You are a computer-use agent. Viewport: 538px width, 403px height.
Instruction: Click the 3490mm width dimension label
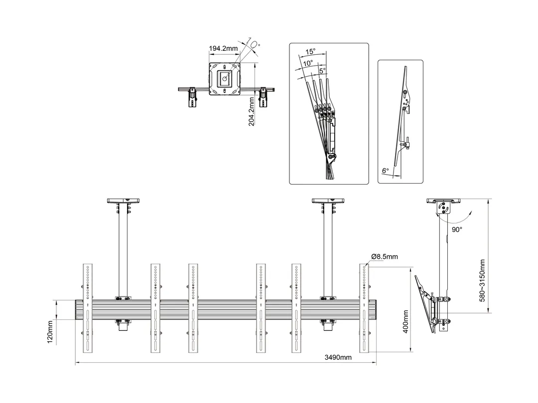coord(338,357)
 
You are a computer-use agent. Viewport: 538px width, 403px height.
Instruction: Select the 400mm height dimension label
coord(405,322)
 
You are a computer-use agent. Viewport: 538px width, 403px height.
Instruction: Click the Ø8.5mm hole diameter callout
coord(384,257)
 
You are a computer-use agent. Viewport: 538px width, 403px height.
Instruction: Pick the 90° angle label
coord(457,230)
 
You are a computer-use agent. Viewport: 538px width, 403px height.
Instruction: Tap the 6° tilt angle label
coord(385,171)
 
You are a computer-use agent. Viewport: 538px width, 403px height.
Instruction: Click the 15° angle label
coord(310,52)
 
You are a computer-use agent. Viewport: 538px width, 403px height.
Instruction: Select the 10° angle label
coord(307,63)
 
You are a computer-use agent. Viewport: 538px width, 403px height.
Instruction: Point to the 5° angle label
coord(322,71)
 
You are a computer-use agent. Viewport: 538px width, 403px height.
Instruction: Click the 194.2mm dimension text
coord(223,49)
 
